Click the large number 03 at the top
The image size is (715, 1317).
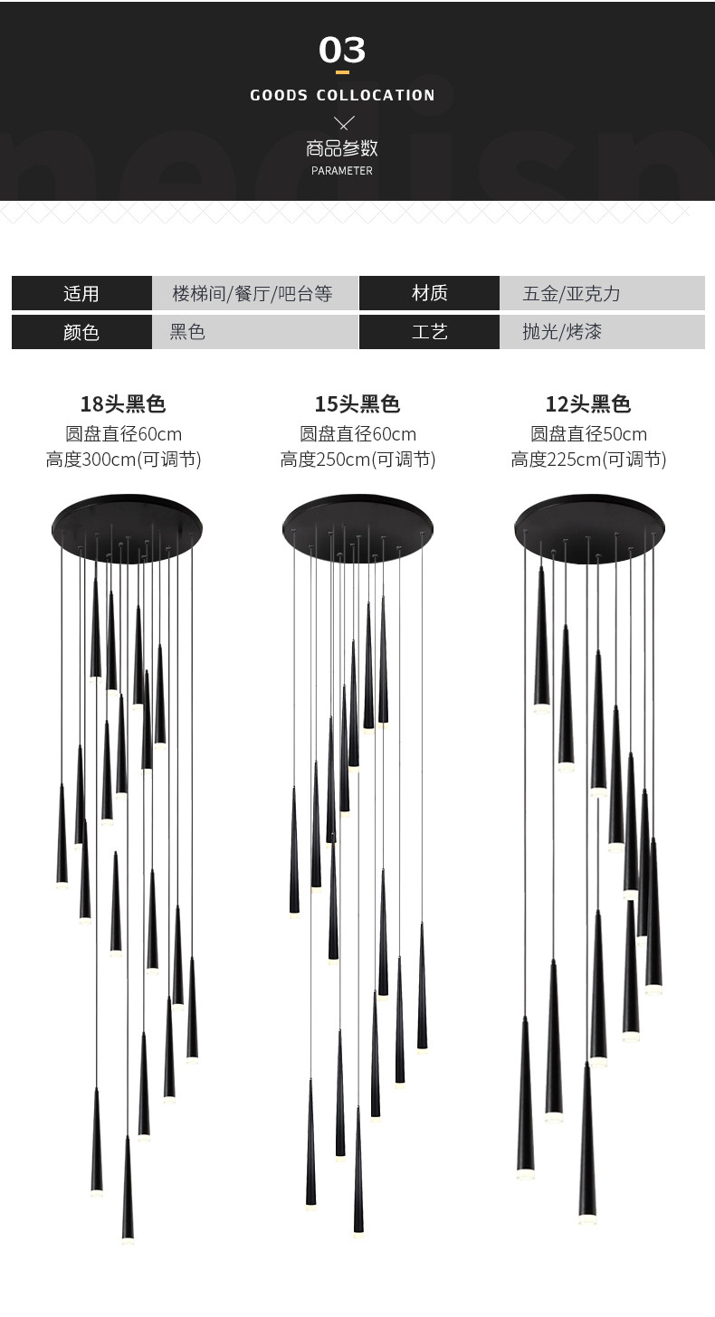[x=342, y=51]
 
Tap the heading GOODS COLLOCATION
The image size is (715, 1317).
[x=342, y=95]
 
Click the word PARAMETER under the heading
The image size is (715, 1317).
[x=342, y=171]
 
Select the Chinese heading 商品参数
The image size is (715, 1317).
[x=342, y=148]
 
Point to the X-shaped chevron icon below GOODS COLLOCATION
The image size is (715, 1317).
[x=343, y=122]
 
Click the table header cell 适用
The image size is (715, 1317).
[x=81, y=293]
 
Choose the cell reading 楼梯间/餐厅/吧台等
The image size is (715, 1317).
[x=253, y=293]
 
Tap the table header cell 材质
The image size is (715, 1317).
[x=429, y=293]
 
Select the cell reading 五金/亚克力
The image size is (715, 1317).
[x=571, y=293]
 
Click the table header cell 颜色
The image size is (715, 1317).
[x=81, y=332]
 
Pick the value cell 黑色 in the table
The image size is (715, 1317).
[x=187, y=332]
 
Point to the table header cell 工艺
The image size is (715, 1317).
[x=429, y=332]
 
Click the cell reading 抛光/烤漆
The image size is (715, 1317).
[x=561, y=332]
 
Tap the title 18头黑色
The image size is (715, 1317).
[x=123, y=404]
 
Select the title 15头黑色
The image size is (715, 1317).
[x=357, y=404]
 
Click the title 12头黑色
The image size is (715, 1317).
[x=588, y=404]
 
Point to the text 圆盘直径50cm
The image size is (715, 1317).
[x=588, y=433]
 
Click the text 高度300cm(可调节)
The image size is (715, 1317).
[x=123, y=460]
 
